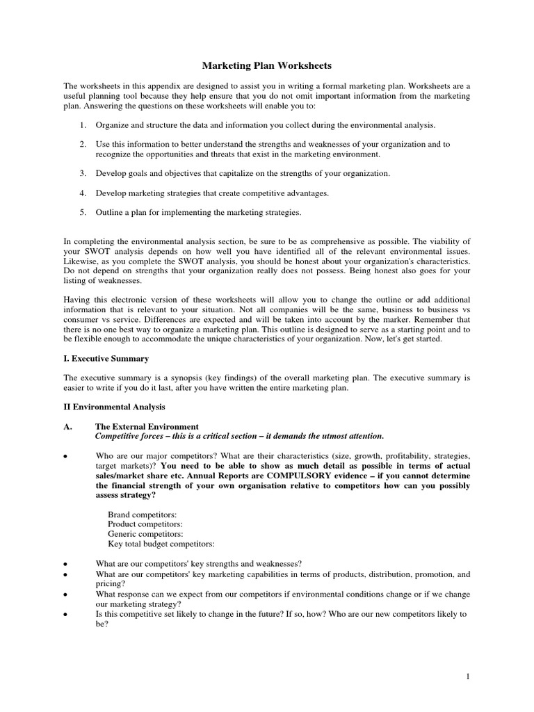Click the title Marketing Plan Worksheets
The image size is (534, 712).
pyautogui.click(x=267, y=66)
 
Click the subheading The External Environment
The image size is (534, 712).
pyautogui.click(x=147, y=426)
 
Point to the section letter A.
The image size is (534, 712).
pyautogui.click(x=68, y=426)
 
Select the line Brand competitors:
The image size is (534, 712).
pyautogui.click(x=137, y=514)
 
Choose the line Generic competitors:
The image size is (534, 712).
pyautogui.click(x=141, y=533)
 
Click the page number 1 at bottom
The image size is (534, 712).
pyautogui.click(x=469, y=675)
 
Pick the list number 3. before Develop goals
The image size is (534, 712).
pyautogui.click(x=81, y=172)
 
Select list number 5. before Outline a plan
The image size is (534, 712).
pyautogui.click(x=81, y=212)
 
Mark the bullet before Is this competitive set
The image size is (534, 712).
pyautogui.click(x=65, y=615)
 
